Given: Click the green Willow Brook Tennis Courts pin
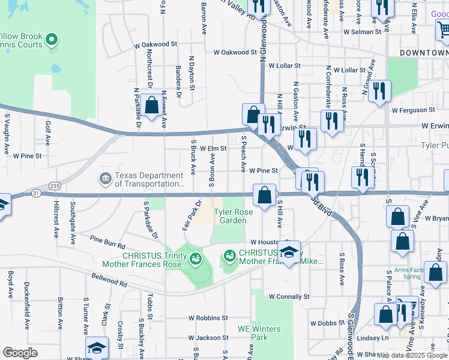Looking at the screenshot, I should tap(52, 40).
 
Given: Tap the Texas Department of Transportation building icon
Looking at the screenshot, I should tap(105, 179).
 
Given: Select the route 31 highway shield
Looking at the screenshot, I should tap(37, 193).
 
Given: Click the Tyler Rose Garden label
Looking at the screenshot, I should tap(233, 216).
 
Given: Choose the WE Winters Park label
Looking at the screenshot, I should tap(259, 333).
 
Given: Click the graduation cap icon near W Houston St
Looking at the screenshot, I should tap(289, 252).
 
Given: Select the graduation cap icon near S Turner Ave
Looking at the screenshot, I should tap(96, 348).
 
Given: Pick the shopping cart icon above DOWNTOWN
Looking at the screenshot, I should tap(442, 28).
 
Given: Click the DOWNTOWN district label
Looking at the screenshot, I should tap(424, 53).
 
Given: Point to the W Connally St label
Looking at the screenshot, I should tap(289, 296).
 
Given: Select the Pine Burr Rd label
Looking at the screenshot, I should tap(107, 242).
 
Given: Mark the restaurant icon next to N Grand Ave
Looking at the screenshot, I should tap(379, 91).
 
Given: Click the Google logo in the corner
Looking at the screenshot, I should tap(20, 352).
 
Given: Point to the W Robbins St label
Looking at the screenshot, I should tap(208, 318).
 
